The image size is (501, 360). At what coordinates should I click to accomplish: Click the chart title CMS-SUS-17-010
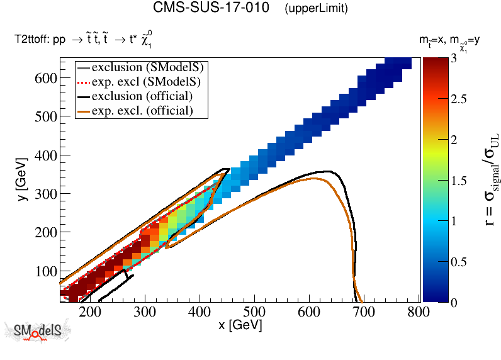(213, 9)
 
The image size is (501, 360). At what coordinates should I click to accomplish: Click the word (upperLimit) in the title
(316, 9)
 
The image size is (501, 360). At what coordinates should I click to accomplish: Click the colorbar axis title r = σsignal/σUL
(487, 183)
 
